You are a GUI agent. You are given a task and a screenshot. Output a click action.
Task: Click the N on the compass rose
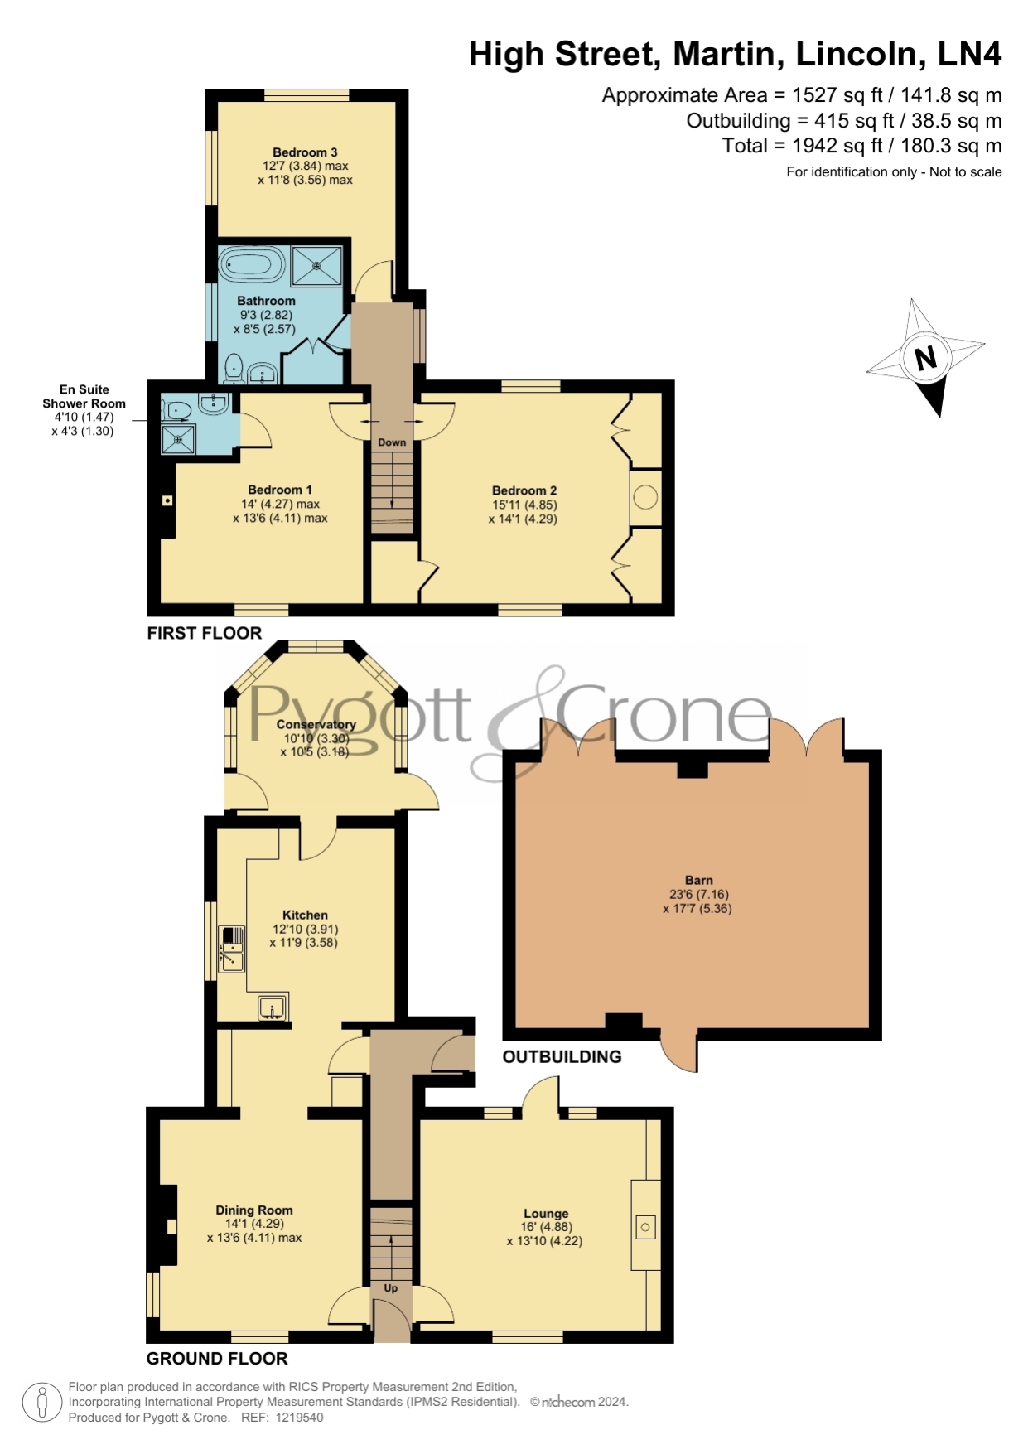click(925, 358)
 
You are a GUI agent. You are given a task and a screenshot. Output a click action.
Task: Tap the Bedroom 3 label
click(305, 152)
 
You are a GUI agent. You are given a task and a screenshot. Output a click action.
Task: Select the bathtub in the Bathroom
click(252, 266)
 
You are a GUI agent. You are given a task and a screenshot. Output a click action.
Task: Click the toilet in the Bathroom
click(234, 368)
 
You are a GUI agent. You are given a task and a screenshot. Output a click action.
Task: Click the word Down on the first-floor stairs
click(392, 442)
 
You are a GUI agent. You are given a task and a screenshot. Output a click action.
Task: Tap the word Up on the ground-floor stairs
click(390, 1288)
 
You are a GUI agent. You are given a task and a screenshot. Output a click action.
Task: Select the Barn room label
click(699, 880)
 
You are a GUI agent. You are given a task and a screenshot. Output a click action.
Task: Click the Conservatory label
click(316, 724)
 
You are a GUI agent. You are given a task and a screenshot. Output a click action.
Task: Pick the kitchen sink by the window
click(232, 949)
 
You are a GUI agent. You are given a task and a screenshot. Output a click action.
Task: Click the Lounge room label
click(546, 1214)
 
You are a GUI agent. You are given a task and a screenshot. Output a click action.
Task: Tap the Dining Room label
click(254, 1210)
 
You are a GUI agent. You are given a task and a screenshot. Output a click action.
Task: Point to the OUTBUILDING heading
click(562, 1057)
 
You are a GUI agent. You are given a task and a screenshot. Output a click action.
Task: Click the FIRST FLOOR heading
click(205, 633)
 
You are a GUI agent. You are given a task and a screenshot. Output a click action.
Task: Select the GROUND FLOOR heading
click(217, 1359)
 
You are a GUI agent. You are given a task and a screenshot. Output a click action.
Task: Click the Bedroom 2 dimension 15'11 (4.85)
click(524, 505)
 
